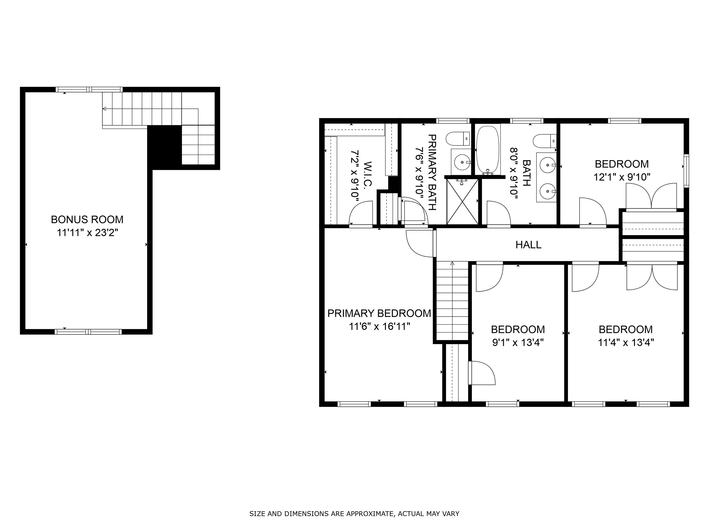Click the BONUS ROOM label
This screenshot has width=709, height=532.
coord(87,219)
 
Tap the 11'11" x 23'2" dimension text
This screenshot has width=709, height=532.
coord(87,233)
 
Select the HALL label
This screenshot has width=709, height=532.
coord(528,245)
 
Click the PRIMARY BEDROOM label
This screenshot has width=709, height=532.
coord(379,313)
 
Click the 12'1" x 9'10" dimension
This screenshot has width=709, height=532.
coord(622,177)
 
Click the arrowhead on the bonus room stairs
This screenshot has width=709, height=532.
coord(104,109)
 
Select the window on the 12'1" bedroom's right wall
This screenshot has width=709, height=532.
coord(686,171)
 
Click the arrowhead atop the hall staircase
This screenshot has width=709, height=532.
coord(452,263)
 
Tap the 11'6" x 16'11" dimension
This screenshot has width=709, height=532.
coord(379,326)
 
